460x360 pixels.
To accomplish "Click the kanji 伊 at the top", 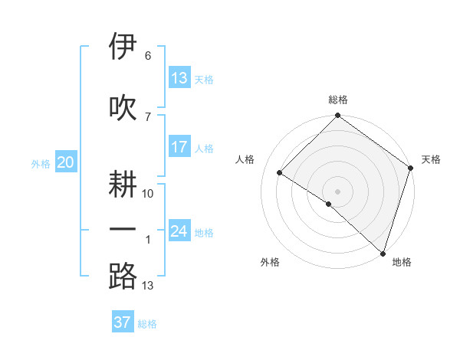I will click(123, 47).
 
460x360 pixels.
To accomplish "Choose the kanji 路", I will click(123, 277).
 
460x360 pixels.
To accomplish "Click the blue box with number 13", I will click(179, 78).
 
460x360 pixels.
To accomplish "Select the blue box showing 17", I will click(179, 147).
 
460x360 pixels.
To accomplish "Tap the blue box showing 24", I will click(179, 231).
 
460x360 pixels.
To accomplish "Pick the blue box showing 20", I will click(66, 162).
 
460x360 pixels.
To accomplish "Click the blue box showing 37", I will click(123, 322).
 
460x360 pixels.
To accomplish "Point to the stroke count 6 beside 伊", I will click(147, 56).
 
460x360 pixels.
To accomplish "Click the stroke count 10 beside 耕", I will click(148, 193).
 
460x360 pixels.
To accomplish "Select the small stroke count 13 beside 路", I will click(148, 286).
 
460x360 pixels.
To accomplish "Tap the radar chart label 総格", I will click(337, 100).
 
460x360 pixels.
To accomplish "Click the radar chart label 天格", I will click(431, 159).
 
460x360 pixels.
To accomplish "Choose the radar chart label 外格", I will click(270, 262).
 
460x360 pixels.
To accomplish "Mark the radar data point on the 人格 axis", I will click(280, 173).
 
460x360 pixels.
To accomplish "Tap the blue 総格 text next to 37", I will click(147, 324).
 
